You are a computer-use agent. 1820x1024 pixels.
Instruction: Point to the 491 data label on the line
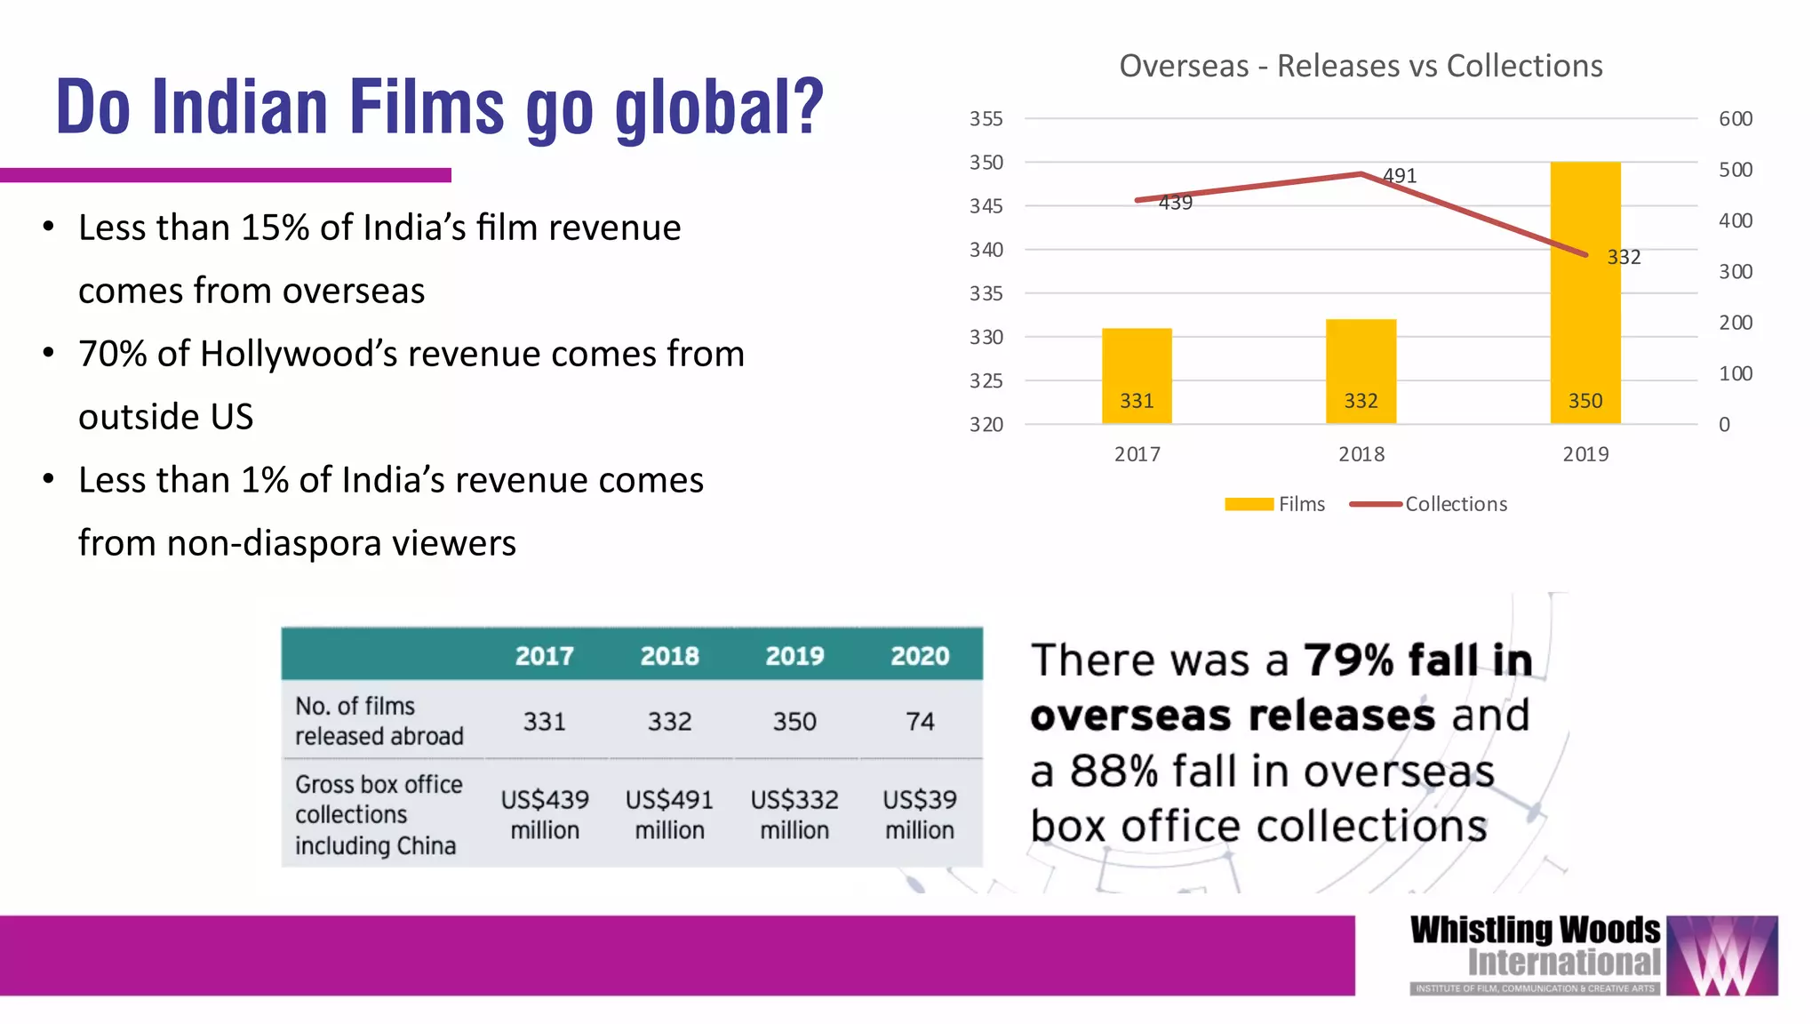[1400, 176]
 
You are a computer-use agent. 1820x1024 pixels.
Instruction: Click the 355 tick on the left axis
[986, 119]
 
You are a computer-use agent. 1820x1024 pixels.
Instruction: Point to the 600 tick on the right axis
[1735, 119]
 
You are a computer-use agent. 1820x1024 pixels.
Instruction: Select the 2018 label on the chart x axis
[1361, 454]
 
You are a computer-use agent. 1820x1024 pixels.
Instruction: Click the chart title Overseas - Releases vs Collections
[1361, 66]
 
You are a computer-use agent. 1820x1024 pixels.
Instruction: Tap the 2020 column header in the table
[920, 656]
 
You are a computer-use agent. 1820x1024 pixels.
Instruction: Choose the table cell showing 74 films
[920, 721]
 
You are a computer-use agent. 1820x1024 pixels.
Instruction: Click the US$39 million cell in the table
[920, 814]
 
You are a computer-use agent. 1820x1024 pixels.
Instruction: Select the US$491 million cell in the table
[669, 814]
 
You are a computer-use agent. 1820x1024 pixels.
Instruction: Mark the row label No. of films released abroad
[379, 721]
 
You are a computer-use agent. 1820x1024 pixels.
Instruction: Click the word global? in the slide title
[720, 108]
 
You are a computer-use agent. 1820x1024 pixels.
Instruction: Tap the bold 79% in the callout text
[1348, 660]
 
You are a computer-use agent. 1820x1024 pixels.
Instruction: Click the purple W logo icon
[1721, 956]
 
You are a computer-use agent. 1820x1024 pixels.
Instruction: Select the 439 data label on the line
[1175, 203]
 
